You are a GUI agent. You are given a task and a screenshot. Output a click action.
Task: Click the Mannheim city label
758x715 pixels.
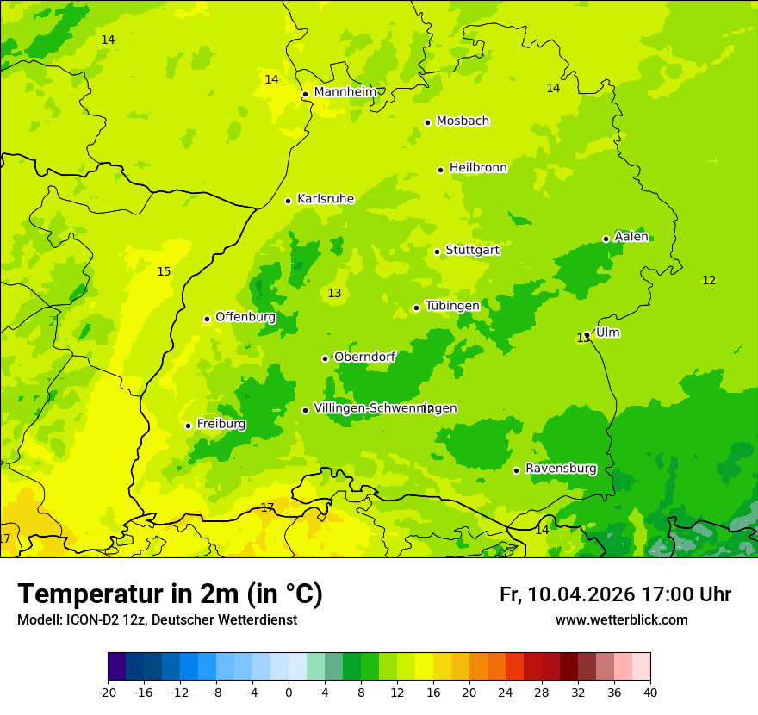click(345, 92)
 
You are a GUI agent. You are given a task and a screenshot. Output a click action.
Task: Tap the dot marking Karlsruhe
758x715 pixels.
click(289, 201)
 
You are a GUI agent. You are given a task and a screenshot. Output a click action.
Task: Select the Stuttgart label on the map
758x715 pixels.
click(472, 250)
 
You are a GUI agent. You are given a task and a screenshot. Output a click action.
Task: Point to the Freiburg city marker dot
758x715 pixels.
click(188, 426)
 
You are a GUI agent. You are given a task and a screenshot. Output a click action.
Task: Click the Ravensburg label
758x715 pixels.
click(561, 469)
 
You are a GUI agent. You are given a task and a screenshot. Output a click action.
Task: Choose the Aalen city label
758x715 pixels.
click(631, 237)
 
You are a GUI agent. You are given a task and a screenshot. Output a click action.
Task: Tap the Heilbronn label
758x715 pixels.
click(478, 168)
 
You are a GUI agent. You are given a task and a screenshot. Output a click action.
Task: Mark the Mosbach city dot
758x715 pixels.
click(427, 122)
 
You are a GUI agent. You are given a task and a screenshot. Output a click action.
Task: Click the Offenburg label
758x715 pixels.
click(245, 317)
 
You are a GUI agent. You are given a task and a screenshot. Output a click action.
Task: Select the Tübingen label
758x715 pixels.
click(452, 306)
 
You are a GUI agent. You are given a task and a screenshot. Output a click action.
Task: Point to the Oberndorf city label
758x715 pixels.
click(364, 357)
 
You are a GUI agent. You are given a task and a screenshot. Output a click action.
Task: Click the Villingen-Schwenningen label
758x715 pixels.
click(385, 408)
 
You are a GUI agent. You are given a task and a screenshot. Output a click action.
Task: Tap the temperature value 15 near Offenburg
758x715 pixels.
click(164, 272)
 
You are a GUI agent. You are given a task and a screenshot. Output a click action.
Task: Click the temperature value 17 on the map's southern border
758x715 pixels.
click(267, 507)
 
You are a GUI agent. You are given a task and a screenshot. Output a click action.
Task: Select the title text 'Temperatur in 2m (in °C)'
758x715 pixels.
click(170, 594)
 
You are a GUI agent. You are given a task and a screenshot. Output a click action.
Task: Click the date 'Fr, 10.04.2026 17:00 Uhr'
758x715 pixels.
click(615, 594)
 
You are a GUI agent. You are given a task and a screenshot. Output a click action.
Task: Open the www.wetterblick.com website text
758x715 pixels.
click(621, 619)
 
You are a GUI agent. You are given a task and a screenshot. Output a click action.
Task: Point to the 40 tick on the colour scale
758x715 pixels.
click(649, 692)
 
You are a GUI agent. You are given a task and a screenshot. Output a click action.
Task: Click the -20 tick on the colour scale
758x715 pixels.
click(108, 692)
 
